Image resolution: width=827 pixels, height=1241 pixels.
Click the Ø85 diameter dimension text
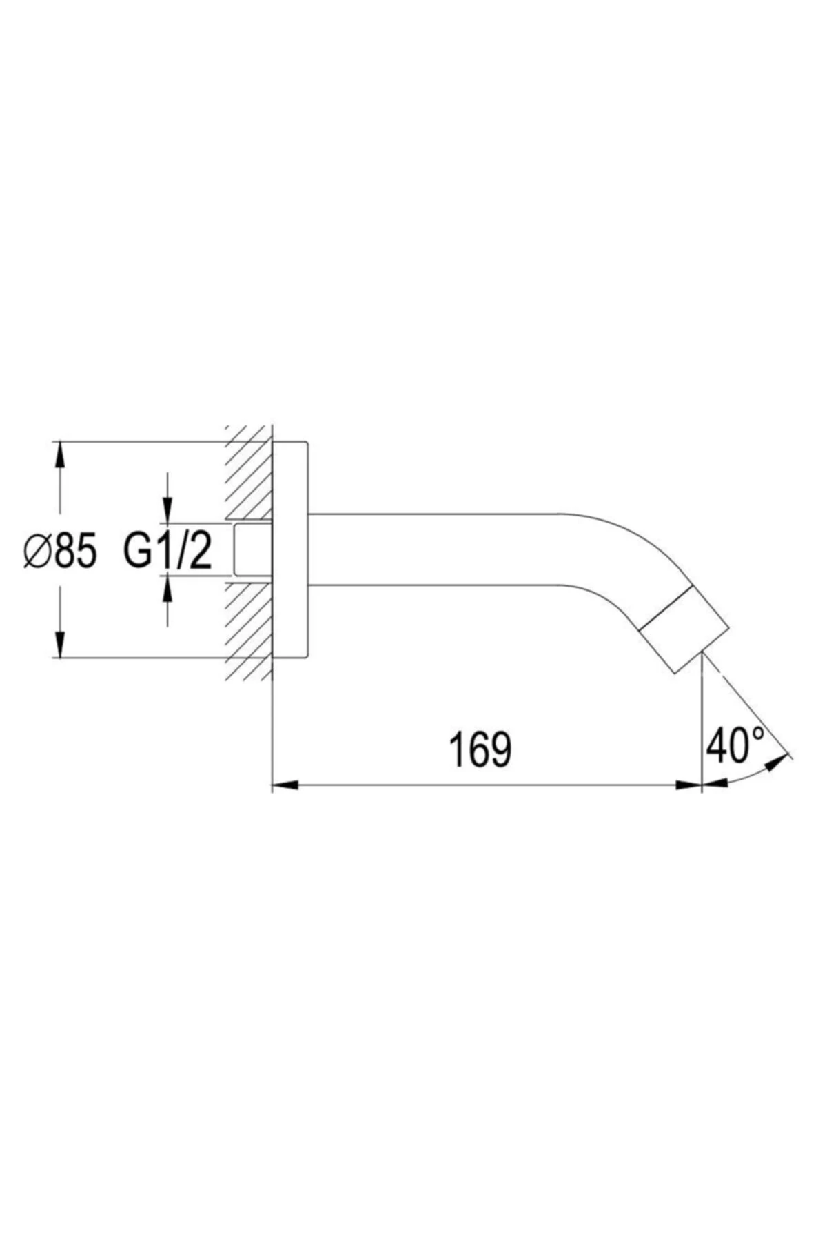tap(60, 552)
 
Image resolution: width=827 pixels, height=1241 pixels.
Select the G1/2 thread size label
tap(168, 552)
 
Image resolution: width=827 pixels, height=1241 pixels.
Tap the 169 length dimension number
tap(480, 749)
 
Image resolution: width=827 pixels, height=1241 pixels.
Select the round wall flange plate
tap(290, 549)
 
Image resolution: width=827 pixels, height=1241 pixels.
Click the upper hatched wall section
tap(249, 473)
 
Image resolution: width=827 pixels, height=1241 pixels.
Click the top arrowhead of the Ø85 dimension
tap(61, 456)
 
